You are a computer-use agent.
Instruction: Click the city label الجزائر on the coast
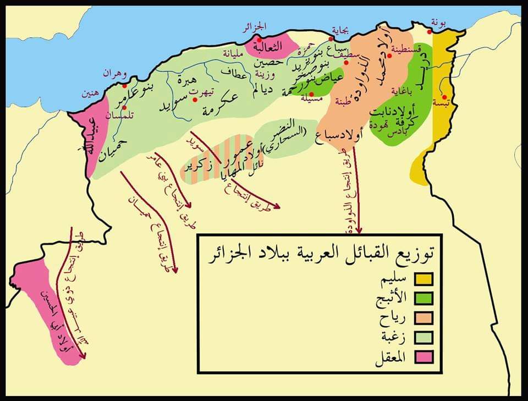(x=255, y=26)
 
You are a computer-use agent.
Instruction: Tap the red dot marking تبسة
(x=444, y=97)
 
